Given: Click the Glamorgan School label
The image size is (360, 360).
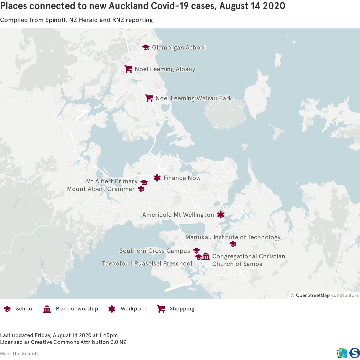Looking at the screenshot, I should coord(179,47).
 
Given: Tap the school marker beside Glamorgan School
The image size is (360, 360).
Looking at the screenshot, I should coord(145,47).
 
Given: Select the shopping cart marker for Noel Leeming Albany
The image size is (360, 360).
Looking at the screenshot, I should coord(128,69).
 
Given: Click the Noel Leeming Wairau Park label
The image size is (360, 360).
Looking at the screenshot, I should coord(193,98).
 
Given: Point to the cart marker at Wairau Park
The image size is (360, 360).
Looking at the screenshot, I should coord(149,98).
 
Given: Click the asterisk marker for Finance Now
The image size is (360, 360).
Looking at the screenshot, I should coord(157,178).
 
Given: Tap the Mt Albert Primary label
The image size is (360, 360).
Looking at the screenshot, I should coord(112,181).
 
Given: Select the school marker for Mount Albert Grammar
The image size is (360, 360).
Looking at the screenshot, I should coord(141,189).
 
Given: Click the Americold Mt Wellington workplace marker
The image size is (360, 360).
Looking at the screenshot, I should coord(221,215).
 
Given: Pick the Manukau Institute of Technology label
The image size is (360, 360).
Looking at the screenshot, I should coord(233,237).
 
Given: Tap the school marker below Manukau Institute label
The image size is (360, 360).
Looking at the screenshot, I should coord(233,244).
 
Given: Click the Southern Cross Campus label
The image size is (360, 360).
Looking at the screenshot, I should coord(155,251).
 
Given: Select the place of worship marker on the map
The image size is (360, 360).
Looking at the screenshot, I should coord(206,256).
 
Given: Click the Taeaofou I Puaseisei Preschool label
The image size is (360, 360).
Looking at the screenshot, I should coord(147,263).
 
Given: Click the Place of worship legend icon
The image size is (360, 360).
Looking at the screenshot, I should coord(47,309).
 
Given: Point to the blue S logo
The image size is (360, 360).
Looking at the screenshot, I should coord(354,353).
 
